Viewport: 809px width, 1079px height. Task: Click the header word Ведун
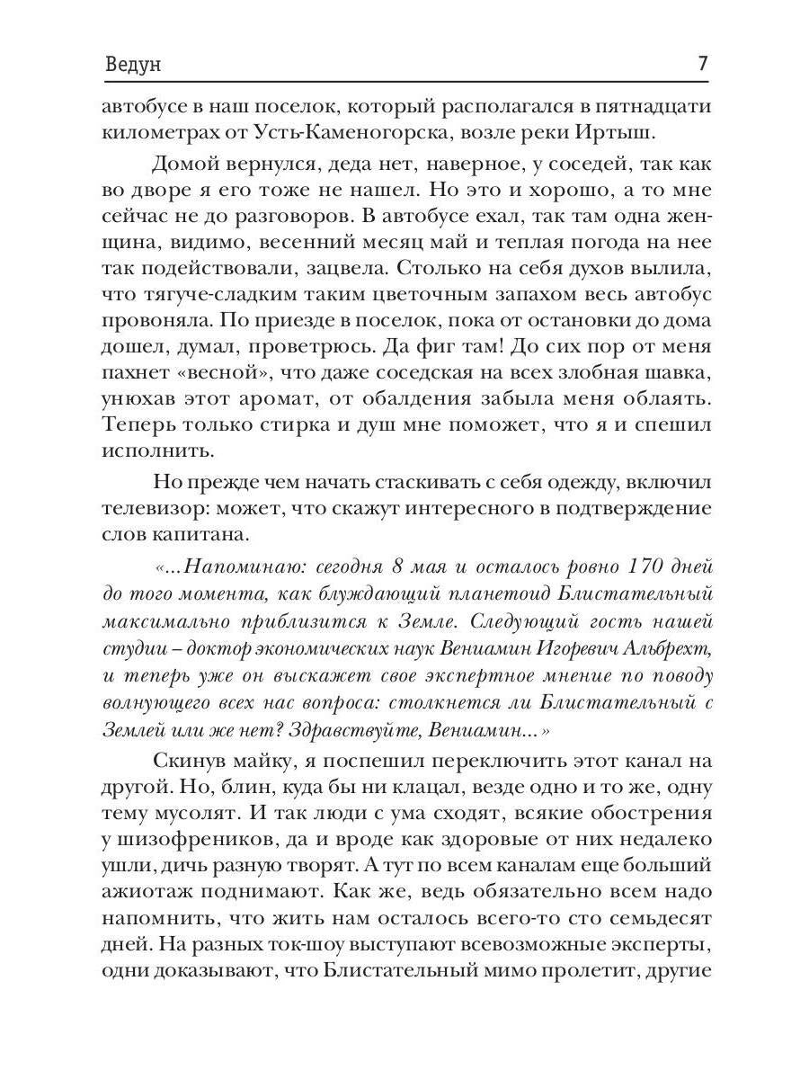click(x=132, y=67)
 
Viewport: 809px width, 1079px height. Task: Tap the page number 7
click(x=702, y=66)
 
